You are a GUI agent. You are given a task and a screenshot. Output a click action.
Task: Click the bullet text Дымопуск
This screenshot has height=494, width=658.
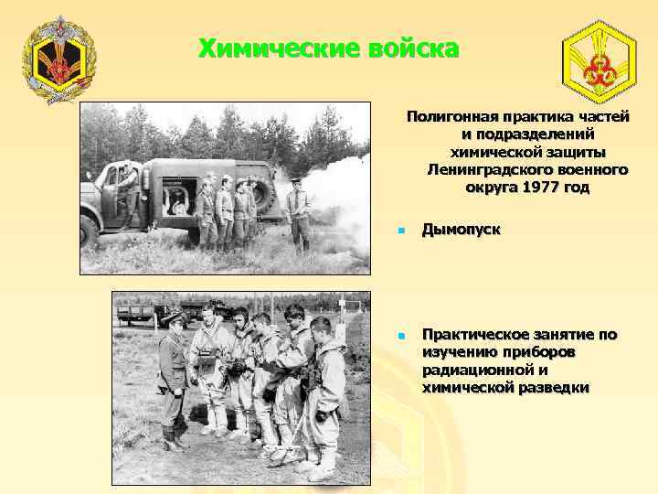click(x=461, y=229)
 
